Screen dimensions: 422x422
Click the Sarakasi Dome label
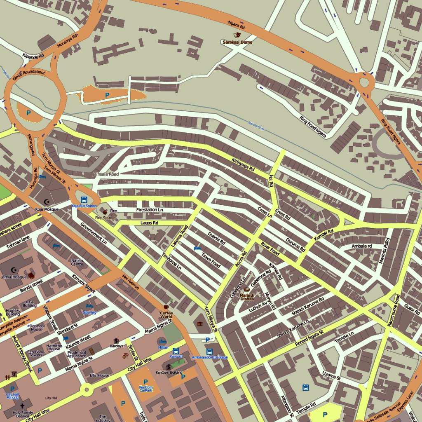pyautogui.click(x=237, y=42)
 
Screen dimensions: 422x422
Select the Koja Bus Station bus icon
pyautogui.click(x=84, y=200)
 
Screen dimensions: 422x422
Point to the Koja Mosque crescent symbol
pyautogui.click(x=46, y=202)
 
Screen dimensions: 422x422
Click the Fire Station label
pyautogui.click(x=105, y=218)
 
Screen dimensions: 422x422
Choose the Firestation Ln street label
pyautogui.click(x=150, y=210)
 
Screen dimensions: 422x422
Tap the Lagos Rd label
pyautogui.click(x=149, y=223)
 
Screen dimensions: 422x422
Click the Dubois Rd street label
pyautogui.click(x=216, y=238)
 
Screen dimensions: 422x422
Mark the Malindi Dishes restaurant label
pyautogui.click(x=247, y=297)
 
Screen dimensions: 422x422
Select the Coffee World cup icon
pyautogui.click(x=166, y=307)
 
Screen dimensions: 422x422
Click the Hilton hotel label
pyautogui.click(x=163, y=347)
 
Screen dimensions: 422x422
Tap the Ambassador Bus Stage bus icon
pyautogui.click(x=209, y=352)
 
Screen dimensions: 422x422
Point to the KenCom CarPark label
pyautogui.click(x=145, y=388)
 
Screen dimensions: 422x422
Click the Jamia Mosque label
pyautogui.click(x=14, y=277)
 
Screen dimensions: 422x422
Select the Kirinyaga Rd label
pyautogui.click(x=243, y=164)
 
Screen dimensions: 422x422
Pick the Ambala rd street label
pyautogui.click(x=361, y=246)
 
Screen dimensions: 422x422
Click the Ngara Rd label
pyautogui.click(x=236, y=25)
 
